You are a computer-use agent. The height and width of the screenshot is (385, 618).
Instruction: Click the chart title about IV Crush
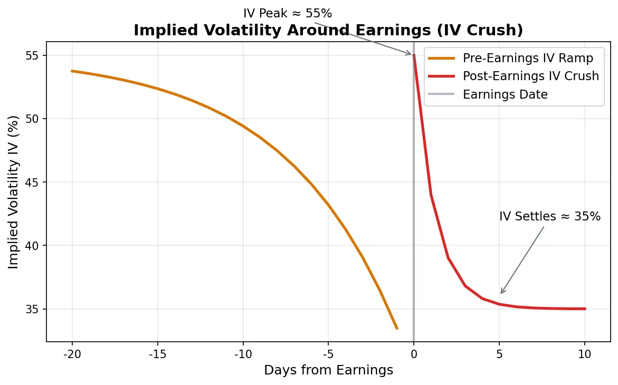328,31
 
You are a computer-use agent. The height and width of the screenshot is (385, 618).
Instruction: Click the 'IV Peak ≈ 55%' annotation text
288,13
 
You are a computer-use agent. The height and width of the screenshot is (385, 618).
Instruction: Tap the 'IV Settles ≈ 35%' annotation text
549,216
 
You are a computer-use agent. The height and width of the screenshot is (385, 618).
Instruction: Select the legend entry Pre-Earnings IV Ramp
528,58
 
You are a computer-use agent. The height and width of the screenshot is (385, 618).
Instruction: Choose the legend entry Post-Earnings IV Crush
530,76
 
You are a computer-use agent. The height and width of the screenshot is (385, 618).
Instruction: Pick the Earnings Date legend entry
505,94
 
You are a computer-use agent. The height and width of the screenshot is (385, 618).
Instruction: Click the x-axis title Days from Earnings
328,370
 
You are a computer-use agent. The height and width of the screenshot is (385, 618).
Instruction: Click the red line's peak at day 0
414,55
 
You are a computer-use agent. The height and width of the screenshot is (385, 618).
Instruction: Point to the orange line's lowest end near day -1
396,329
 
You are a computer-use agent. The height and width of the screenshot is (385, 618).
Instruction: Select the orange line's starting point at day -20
72,71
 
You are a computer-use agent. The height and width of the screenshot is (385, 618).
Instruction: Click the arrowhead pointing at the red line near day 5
501,293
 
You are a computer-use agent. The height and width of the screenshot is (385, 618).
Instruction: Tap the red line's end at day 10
585,309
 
